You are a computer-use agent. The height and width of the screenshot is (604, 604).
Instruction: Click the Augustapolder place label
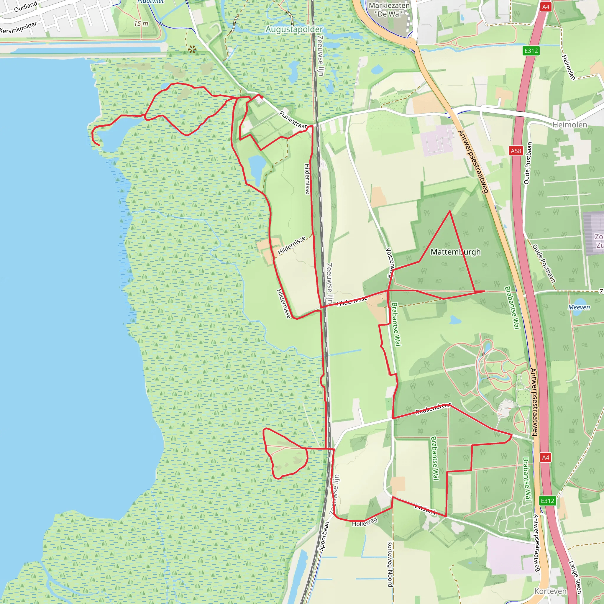pos(294,29)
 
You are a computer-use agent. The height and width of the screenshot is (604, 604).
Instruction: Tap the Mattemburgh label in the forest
pos(455,252)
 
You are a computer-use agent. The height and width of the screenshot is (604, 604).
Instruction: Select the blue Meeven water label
pos(579,307)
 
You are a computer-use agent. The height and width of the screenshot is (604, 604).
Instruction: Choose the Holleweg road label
pos(365,522)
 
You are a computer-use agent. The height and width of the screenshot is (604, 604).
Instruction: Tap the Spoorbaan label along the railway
pos(324,536)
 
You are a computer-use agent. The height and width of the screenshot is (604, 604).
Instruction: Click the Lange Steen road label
pos(575,577)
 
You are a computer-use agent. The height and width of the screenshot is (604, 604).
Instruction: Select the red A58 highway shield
pos(516,151)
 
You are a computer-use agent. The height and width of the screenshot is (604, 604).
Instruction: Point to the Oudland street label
pos(26,6)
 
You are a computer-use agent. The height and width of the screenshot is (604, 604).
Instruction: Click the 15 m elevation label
pos(141,24)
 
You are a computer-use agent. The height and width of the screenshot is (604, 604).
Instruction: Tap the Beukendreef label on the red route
pos(433,408)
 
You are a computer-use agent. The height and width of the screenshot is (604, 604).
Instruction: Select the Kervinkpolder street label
pos(19,27)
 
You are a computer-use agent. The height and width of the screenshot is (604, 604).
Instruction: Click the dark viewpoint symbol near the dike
pos(192,49)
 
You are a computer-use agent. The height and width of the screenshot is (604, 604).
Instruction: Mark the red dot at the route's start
pos(262,97)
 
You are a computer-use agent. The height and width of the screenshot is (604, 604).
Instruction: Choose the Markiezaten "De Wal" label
pos(389,10)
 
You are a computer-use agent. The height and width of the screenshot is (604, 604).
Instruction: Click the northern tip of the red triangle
pos(449,211)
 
